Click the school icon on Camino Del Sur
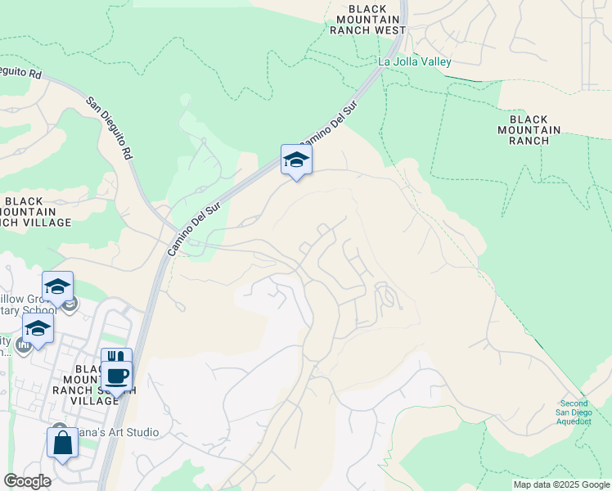[296, 160]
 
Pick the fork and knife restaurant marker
[115, 358]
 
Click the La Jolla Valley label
[414, 61]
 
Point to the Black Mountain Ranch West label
[368, 19]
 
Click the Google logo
[27, 481]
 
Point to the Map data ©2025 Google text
[560, 484]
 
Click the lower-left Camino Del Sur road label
[195, 230]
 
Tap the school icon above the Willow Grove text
[58, 286]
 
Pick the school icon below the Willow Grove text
[38, 328]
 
